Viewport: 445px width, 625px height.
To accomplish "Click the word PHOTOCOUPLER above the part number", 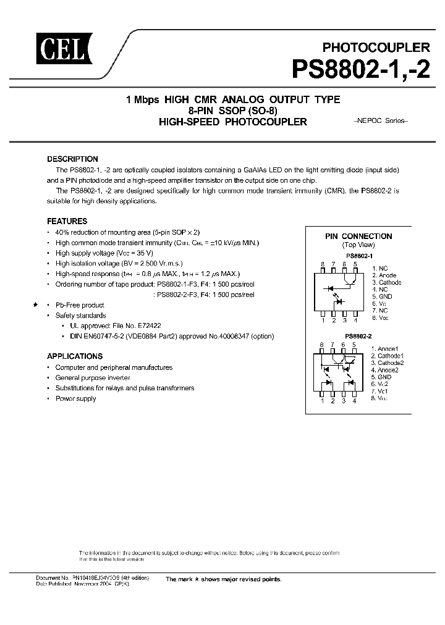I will pyautogui.click(x=376, y=46).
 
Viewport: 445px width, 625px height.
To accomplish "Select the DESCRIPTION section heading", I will pyautogui.click(x=72, y=159).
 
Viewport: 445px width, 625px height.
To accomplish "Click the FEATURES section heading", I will pyautogui.click(x=67, y=221).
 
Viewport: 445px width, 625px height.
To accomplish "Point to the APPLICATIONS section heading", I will pyautogui.click(x=75, y=356).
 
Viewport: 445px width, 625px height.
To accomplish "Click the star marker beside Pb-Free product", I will pyautogui.click(x=36, y=305).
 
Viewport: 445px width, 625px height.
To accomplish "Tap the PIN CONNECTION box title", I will pyautogui.click(x=358, y=236).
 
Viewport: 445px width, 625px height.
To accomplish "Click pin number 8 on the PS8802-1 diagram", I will pyautogui.click(x=322, y=264).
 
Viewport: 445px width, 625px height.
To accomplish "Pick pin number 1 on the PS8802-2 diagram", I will pyautogui.click(x=322, y=401).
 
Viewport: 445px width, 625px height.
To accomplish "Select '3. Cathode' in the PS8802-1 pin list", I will pyautogui.click(x=386, y=282).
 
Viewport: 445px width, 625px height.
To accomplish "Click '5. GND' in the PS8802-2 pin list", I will pyautogui.click(x=381, y=377).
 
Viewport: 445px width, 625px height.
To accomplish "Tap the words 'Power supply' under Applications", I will pyautogui.click(x=75, y=398).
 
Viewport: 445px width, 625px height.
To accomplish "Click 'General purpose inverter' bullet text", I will pyautogui.click(x=93, y=377).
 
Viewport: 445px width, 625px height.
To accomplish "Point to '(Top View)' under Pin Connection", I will pyautogui.click(x=358, y=245).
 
